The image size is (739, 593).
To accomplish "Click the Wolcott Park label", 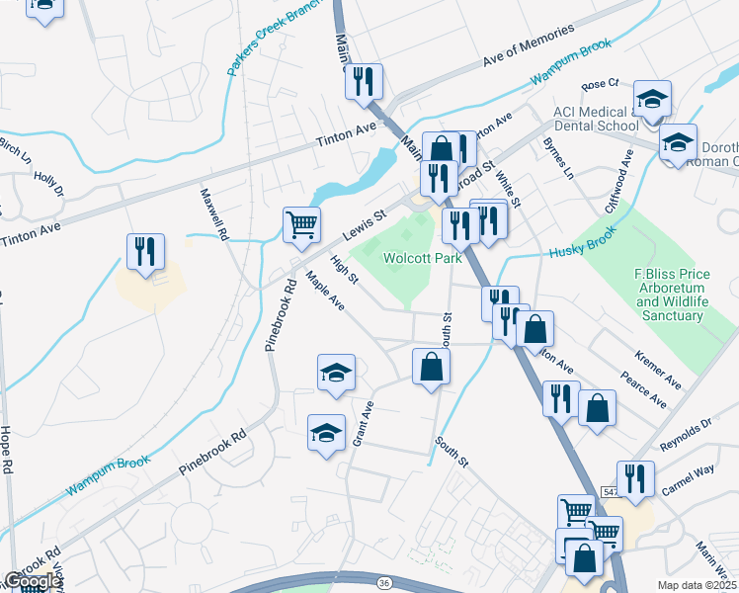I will (422, 258).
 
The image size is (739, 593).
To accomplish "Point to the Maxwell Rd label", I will (214, 216).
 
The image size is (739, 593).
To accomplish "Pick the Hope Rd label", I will (7, 452).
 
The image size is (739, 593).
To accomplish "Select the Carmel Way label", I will (689, 480).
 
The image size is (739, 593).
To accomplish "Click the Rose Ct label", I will (600, 85).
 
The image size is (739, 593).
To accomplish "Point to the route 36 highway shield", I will (381, 583).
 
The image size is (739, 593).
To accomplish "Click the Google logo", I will (32, 581).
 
